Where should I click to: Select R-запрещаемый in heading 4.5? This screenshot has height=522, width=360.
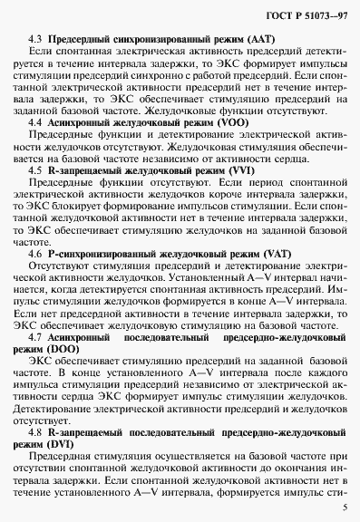click(84, 169)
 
